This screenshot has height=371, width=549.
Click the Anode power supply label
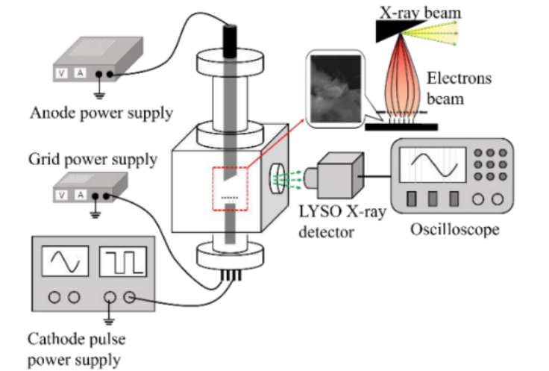101,114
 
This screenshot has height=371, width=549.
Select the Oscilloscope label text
455,228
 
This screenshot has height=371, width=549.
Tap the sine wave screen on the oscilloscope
432,165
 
